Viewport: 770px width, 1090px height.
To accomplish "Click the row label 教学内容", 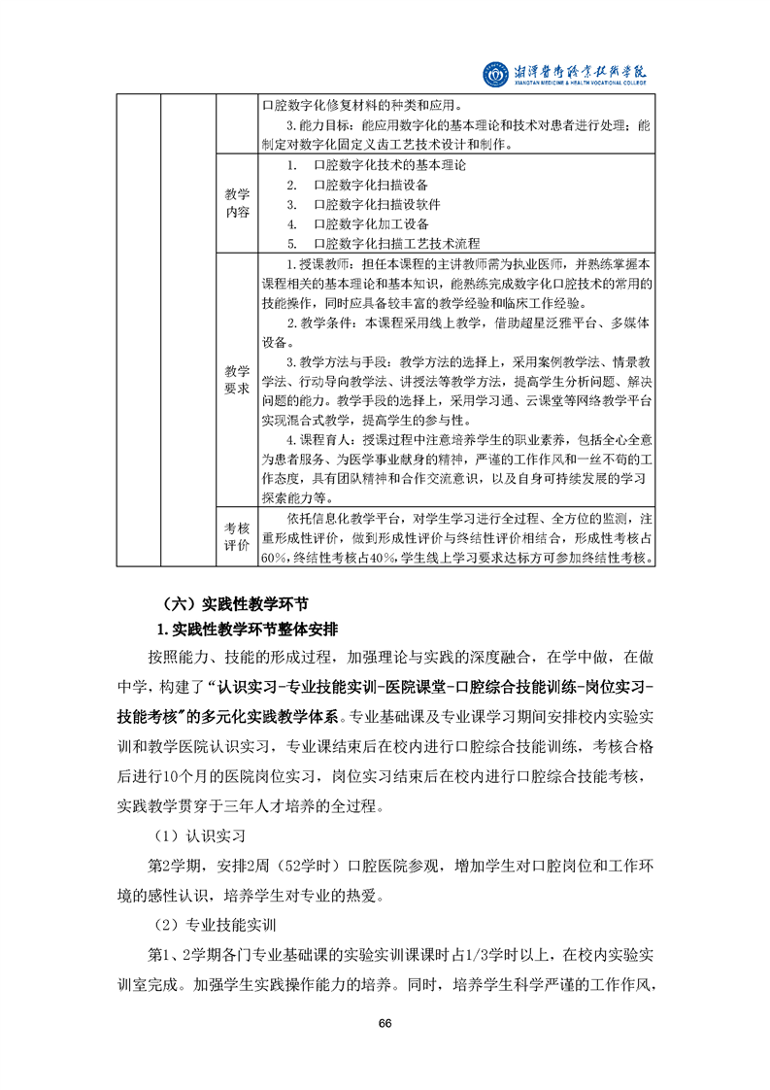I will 237,203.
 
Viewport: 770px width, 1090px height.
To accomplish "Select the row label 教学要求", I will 237,379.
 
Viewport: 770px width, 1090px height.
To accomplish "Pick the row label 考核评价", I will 237,536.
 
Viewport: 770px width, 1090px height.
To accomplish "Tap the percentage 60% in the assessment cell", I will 273,558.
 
